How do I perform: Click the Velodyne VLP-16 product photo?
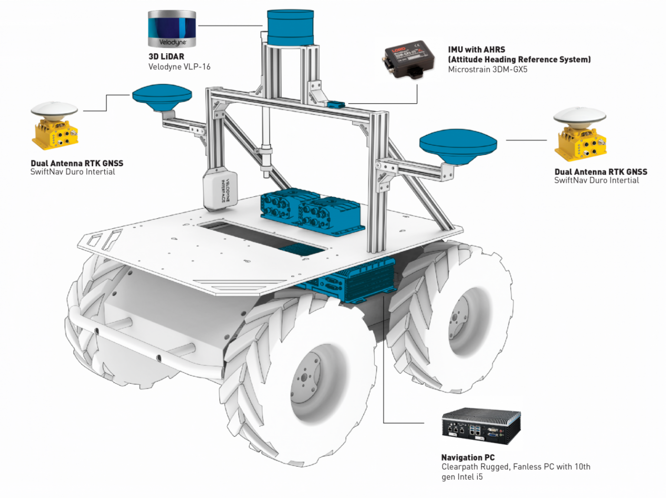click(172, 29)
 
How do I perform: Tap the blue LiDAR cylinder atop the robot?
click(290, 27)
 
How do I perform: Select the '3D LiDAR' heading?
click(166, 56)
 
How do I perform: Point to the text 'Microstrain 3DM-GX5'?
click(487, 69)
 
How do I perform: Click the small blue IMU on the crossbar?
click(336, 104)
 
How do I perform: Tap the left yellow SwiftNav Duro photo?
click(55, 126)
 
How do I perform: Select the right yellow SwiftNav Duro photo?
click(580, 134)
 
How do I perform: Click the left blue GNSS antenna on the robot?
click(162, 98)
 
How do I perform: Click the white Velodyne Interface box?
click(220, 189)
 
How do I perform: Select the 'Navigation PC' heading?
click(467, 457)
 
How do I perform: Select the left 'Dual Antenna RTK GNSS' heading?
click(77, 163)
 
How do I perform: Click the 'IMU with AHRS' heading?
click(476, 49)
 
